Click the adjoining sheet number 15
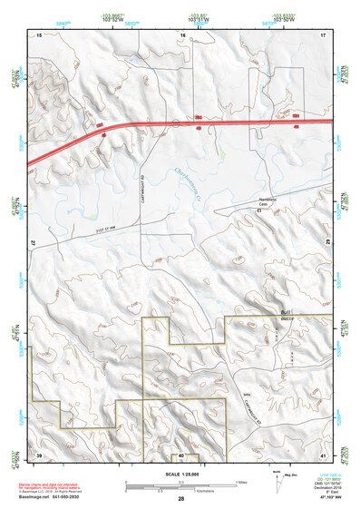pos(39,34)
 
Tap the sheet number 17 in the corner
pos(323,34)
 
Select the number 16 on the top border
pos(182,34)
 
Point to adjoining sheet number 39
pos(39,453)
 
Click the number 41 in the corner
pos(323,453)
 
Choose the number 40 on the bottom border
pos(181,454)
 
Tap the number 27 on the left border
pos(34,244)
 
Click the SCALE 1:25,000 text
pos(180,474)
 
